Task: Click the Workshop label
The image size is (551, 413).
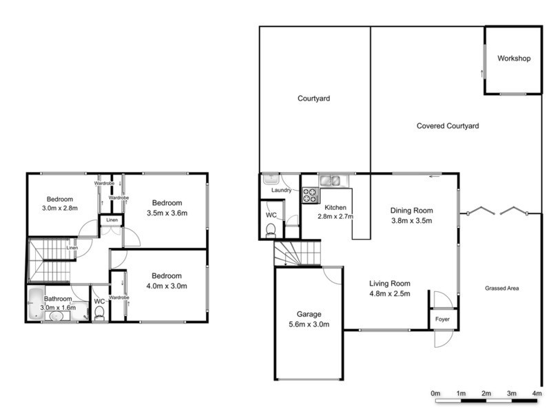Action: (514, 59)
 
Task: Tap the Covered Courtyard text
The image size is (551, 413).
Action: (448, 126)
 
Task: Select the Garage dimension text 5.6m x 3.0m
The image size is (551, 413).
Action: (309, 325)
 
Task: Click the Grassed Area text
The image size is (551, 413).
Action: (501, 288)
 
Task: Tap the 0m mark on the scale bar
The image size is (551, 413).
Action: (435, 393)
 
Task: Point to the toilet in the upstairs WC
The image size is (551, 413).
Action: (100, 314)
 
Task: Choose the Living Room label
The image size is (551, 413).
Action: (390, 283)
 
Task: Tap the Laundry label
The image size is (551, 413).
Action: (282, 190)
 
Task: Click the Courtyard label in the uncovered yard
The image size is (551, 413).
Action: (313, 98)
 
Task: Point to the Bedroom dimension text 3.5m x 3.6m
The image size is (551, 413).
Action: (166, 213)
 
